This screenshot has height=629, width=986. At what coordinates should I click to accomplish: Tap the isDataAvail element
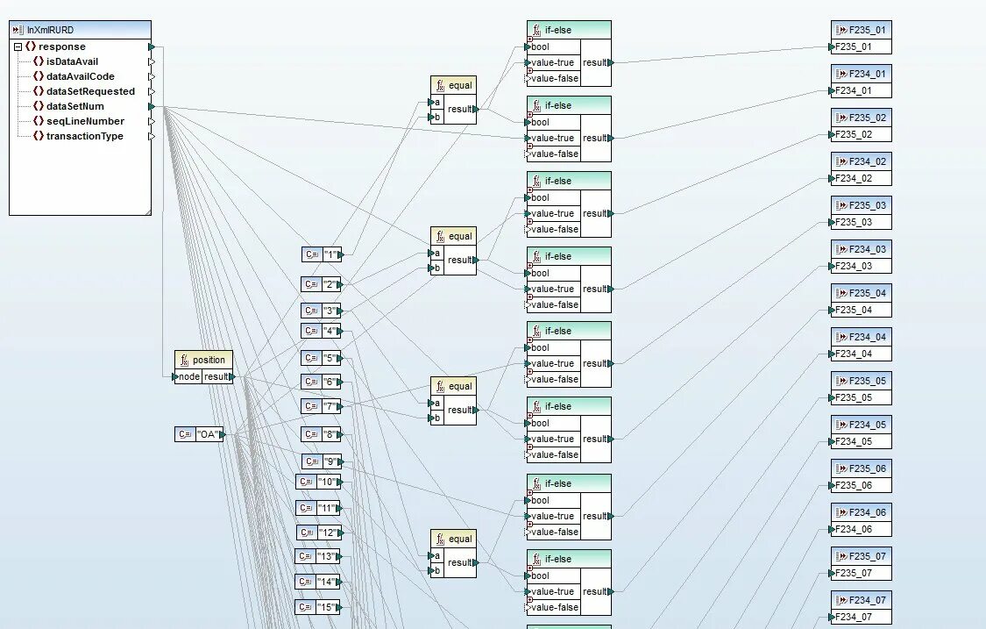(72, 61)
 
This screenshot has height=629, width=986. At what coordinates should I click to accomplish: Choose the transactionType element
(84, 136)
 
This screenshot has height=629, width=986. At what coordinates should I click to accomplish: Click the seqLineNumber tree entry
(85, 121)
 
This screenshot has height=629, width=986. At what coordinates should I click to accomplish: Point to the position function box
(203, 360)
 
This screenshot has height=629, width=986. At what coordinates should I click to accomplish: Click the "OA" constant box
(199, 434)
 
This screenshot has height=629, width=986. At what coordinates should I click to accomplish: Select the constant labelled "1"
(322, 254)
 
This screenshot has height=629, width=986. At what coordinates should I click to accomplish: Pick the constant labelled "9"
(322, 461)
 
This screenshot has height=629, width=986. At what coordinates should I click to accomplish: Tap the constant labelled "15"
(317, 607)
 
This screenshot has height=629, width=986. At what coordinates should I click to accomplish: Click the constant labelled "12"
(318, 533)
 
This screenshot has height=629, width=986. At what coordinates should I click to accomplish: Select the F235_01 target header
(861, 30)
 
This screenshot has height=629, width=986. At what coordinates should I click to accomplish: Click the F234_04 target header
(861, 337)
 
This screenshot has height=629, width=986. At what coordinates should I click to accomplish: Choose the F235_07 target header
(861, 556)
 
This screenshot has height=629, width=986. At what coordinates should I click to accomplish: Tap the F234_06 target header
(861, 512)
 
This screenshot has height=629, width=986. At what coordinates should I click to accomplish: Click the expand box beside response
(18, 46)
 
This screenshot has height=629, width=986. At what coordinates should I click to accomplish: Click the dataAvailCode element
(80, 76)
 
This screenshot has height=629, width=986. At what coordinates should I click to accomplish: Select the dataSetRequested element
(90, 91)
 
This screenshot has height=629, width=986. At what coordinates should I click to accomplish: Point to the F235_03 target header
(861, 205)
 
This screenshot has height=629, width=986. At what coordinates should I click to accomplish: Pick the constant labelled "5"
(322, 358)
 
